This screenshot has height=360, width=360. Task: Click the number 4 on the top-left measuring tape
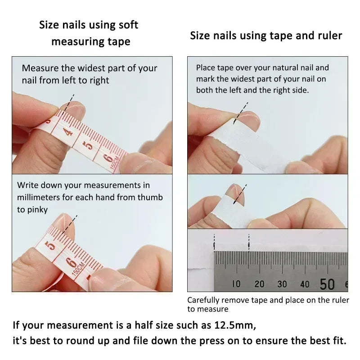67,132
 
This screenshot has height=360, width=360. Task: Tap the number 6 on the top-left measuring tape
108,158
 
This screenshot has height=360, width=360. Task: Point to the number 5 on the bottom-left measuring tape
50,245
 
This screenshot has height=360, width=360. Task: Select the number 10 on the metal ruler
236,284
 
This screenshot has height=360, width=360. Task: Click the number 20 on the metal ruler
259,284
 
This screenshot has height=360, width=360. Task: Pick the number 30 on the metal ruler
282,284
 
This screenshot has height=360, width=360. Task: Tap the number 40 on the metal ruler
305,284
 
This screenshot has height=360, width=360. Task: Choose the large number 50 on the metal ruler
327,284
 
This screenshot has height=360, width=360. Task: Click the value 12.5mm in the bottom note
234,324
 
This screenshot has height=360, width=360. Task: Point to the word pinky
37,210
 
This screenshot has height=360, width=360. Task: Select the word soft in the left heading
128,25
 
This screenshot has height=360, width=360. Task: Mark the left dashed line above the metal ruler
215,243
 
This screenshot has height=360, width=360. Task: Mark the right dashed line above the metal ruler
249,243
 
